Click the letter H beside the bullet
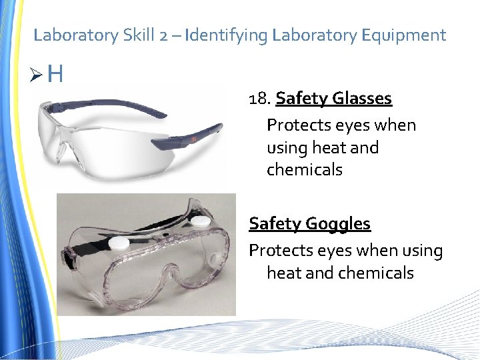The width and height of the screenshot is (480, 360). pos(55,73)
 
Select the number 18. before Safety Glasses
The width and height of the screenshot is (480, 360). pos(259,99)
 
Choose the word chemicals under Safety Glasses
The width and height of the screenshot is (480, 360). pos(304,169)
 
